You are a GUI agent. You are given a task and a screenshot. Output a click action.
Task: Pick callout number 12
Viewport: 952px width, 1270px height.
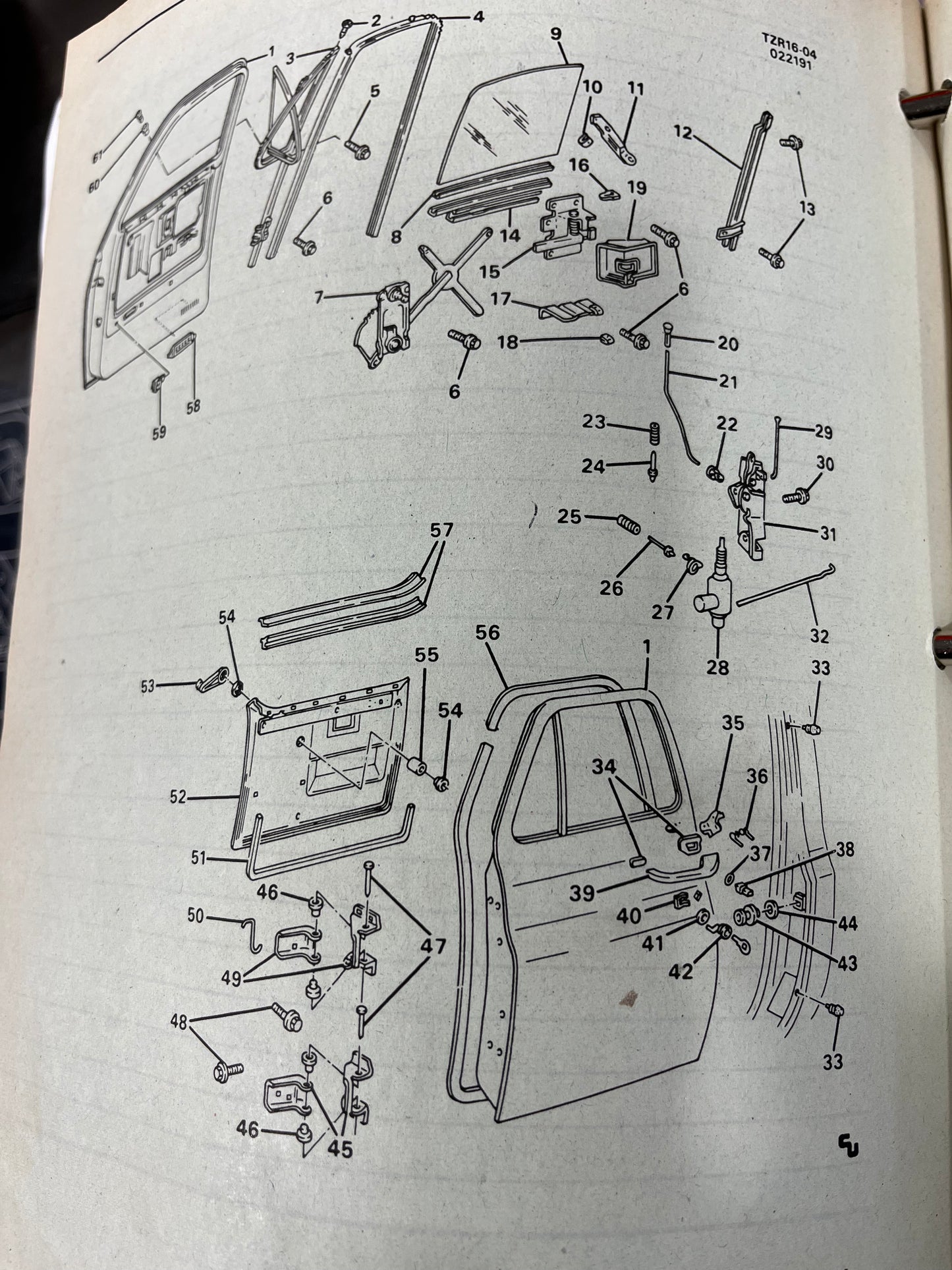tap(683, 134)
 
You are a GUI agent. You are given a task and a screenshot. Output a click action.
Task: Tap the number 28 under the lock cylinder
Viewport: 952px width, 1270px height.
tap(717, 667)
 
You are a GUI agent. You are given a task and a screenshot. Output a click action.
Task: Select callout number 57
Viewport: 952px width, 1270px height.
tap(441, 530)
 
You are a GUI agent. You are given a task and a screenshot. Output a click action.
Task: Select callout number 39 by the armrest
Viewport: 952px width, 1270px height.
tap(582, 893)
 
